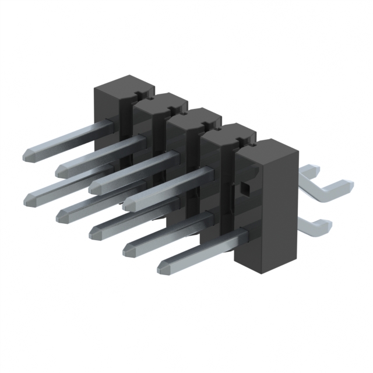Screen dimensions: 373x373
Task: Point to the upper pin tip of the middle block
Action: tap(96, 186)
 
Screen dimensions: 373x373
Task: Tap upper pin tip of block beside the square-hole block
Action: tap(129, 203)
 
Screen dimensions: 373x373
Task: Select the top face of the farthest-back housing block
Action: tap(124, 84)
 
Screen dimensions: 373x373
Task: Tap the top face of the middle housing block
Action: tap(192, 116)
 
